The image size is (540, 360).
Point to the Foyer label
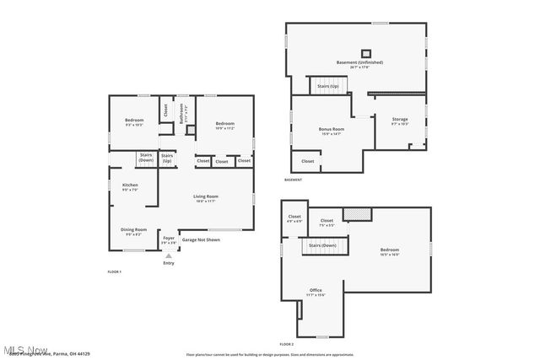(x=169, y=239)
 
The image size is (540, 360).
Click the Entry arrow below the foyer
(x=169, y=255)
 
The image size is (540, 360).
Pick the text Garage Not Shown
(x=201, y=239)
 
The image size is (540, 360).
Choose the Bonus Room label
(x=332, y=130)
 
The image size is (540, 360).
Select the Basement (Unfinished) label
(x=359, y=62)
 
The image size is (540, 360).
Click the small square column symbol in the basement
(x=366, y=52)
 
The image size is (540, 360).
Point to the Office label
(x=316, y=292)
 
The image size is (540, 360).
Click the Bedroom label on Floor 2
(x=389, y=251)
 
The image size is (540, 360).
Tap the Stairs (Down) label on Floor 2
(x=322, y=245)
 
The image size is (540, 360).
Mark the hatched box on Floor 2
(x=358, y=215)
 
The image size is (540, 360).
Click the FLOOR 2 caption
(x=287, y=344)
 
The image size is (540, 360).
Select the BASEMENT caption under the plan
(x=293, y=180)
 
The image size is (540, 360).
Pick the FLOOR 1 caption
(x=115, y=271)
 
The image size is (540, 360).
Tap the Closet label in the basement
(x=307, y=161)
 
